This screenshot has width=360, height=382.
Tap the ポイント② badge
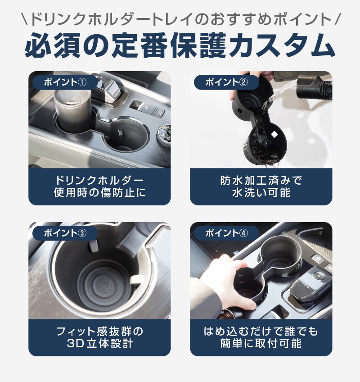pyautogui.click(x=227, y=82)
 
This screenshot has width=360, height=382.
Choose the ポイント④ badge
pyautogui.click(x=227, y=233)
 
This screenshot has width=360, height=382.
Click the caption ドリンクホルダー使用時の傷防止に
pyautogui.click(x=99, y=186)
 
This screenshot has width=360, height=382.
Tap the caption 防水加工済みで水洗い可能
pyautogui.click(x=261, y=186)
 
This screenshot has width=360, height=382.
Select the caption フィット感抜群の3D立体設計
pyautogui.click(x=99, y=337)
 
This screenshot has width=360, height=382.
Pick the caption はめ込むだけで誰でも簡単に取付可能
pyautogui.click(x=261, y=337)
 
